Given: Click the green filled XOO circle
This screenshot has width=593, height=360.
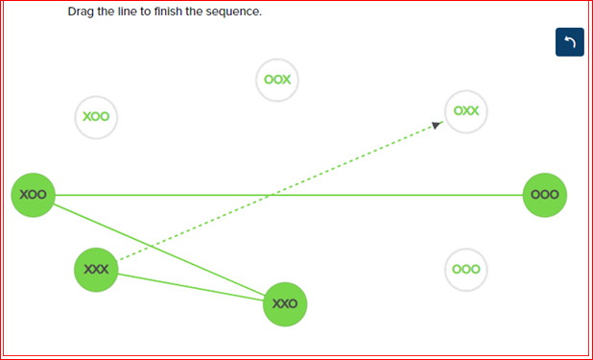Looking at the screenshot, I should tap(33, 195).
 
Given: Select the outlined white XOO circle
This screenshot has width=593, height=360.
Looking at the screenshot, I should tap(97, 117).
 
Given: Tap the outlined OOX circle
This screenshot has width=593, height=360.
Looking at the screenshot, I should tap(277, 80).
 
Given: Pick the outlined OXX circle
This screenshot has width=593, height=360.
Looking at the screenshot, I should tap(466, 111).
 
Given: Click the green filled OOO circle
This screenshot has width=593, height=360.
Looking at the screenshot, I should tap(544, 195).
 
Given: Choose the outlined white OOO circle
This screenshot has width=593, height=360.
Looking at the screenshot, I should tap(466, 270).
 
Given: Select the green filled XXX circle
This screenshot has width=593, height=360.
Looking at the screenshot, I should tap(97, 269).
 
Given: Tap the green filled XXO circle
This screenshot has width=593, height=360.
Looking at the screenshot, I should tap(285, 303).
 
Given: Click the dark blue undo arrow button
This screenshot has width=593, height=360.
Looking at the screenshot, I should tap(570, 42).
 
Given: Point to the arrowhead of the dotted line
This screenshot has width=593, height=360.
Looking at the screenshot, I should tap(438, 124).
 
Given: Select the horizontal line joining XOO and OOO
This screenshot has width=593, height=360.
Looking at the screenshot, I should tap(403, 195).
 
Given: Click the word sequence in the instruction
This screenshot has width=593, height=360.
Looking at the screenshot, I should tap(232, 12).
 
